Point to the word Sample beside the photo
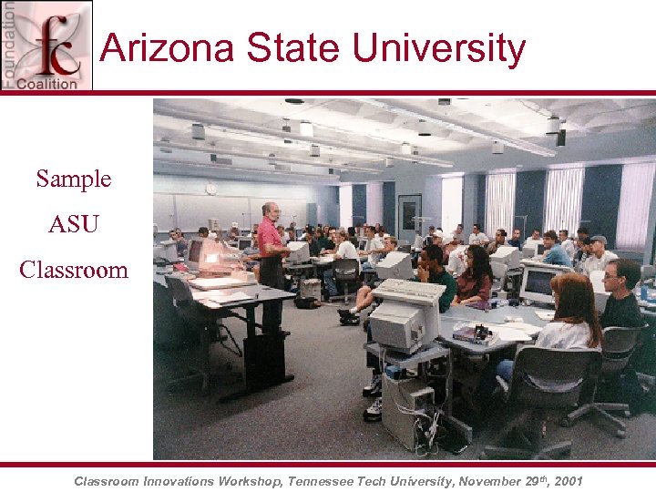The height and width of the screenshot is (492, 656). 74,179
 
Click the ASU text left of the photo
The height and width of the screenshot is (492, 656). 74,224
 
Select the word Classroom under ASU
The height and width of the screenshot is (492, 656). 74,270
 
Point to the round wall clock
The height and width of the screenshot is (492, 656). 211,189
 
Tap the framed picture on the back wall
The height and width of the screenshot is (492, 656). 409,216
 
